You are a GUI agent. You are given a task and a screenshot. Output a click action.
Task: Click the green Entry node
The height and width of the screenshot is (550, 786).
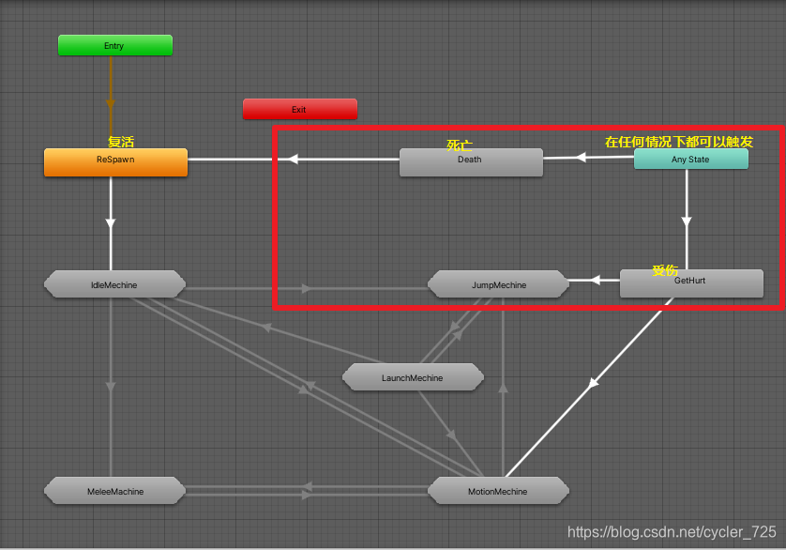pos(114,45)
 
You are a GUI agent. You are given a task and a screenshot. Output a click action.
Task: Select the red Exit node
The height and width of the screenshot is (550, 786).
pos(299,110)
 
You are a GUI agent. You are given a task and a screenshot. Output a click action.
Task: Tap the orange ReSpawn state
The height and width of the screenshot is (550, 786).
pos(115,161)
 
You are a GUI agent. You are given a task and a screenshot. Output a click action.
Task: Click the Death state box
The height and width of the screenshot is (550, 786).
pos(470,161)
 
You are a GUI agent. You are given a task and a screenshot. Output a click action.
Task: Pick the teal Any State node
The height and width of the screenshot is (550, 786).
pos(690,160)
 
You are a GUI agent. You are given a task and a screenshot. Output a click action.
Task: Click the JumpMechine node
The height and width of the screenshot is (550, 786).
pos(498,284)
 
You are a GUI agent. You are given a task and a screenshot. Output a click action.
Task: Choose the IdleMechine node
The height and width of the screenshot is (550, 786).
pos(114,284)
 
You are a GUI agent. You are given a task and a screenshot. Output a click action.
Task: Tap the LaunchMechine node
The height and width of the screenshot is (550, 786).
pos(413,378)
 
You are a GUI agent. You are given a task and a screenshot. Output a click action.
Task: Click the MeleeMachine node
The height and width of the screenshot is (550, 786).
pos(114,491)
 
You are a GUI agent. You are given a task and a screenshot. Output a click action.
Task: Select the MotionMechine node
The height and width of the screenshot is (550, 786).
pos(497,491)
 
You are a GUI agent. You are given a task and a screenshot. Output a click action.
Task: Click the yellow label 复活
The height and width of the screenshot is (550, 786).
pos(121,142)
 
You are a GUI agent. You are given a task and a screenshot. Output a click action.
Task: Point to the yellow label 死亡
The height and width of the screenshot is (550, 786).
pos(460,145)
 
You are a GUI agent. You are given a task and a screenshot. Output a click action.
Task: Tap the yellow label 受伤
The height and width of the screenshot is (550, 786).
pos(665,270)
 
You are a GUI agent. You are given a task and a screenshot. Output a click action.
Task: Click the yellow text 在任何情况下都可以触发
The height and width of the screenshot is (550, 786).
pos(679,142)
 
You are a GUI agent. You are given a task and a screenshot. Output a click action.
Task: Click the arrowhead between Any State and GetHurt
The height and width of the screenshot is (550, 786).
pos(687,222)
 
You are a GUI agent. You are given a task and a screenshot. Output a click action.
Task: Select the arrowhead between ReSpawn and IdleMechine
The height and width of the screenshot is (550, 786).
pos(111,222)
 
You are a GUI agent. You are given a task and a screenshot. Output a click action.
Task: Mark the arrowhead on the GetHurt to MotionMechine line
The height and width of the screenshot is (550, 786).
pos(592,383)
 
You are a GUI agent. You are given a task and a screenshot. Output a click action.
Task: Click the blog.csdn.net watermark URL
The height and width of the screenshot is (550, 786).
pos(672,532)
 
